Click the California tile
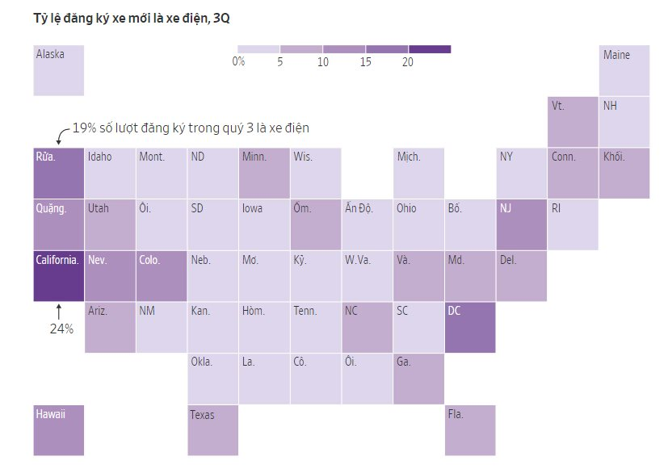58,276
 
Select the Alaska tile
58,70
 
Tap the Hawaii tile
58,430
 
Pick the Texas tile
213,430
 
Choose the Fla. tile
470,430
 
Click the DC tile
470,328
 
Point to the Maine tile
624,70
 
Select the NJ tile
522,224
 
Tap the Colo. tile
162,276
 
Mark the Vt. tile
573,122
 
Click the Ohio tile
418,224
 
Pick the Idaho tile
110,173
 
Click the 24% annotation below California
61,329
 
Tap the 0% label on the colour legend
238,61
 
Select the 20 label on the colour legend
407,61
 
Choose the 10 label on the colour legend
323,61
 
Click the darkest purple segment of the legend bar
430,49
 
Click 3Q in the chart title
221,18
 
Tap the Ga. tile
418,379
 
